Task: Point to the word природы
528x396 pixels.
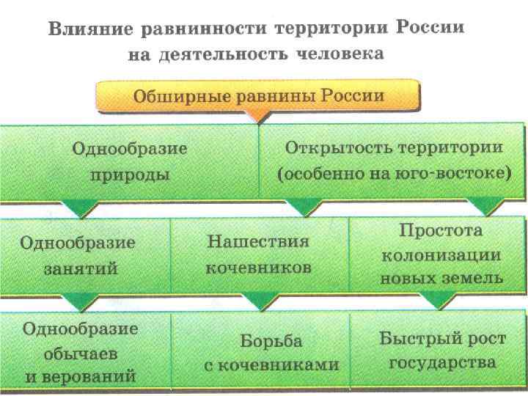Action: [x=131, y=175]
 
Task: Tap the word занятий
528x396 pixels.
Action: [x=81, y=268]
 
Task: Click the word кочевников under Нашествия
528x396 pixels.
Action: [x=258, y=268]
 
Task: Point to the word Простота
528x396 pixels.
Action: [x=441, y=230]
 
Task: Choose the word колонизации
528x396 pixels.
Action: [x=441, y=254]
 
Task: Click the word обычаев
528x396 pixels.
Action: [x=81, y=353]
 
